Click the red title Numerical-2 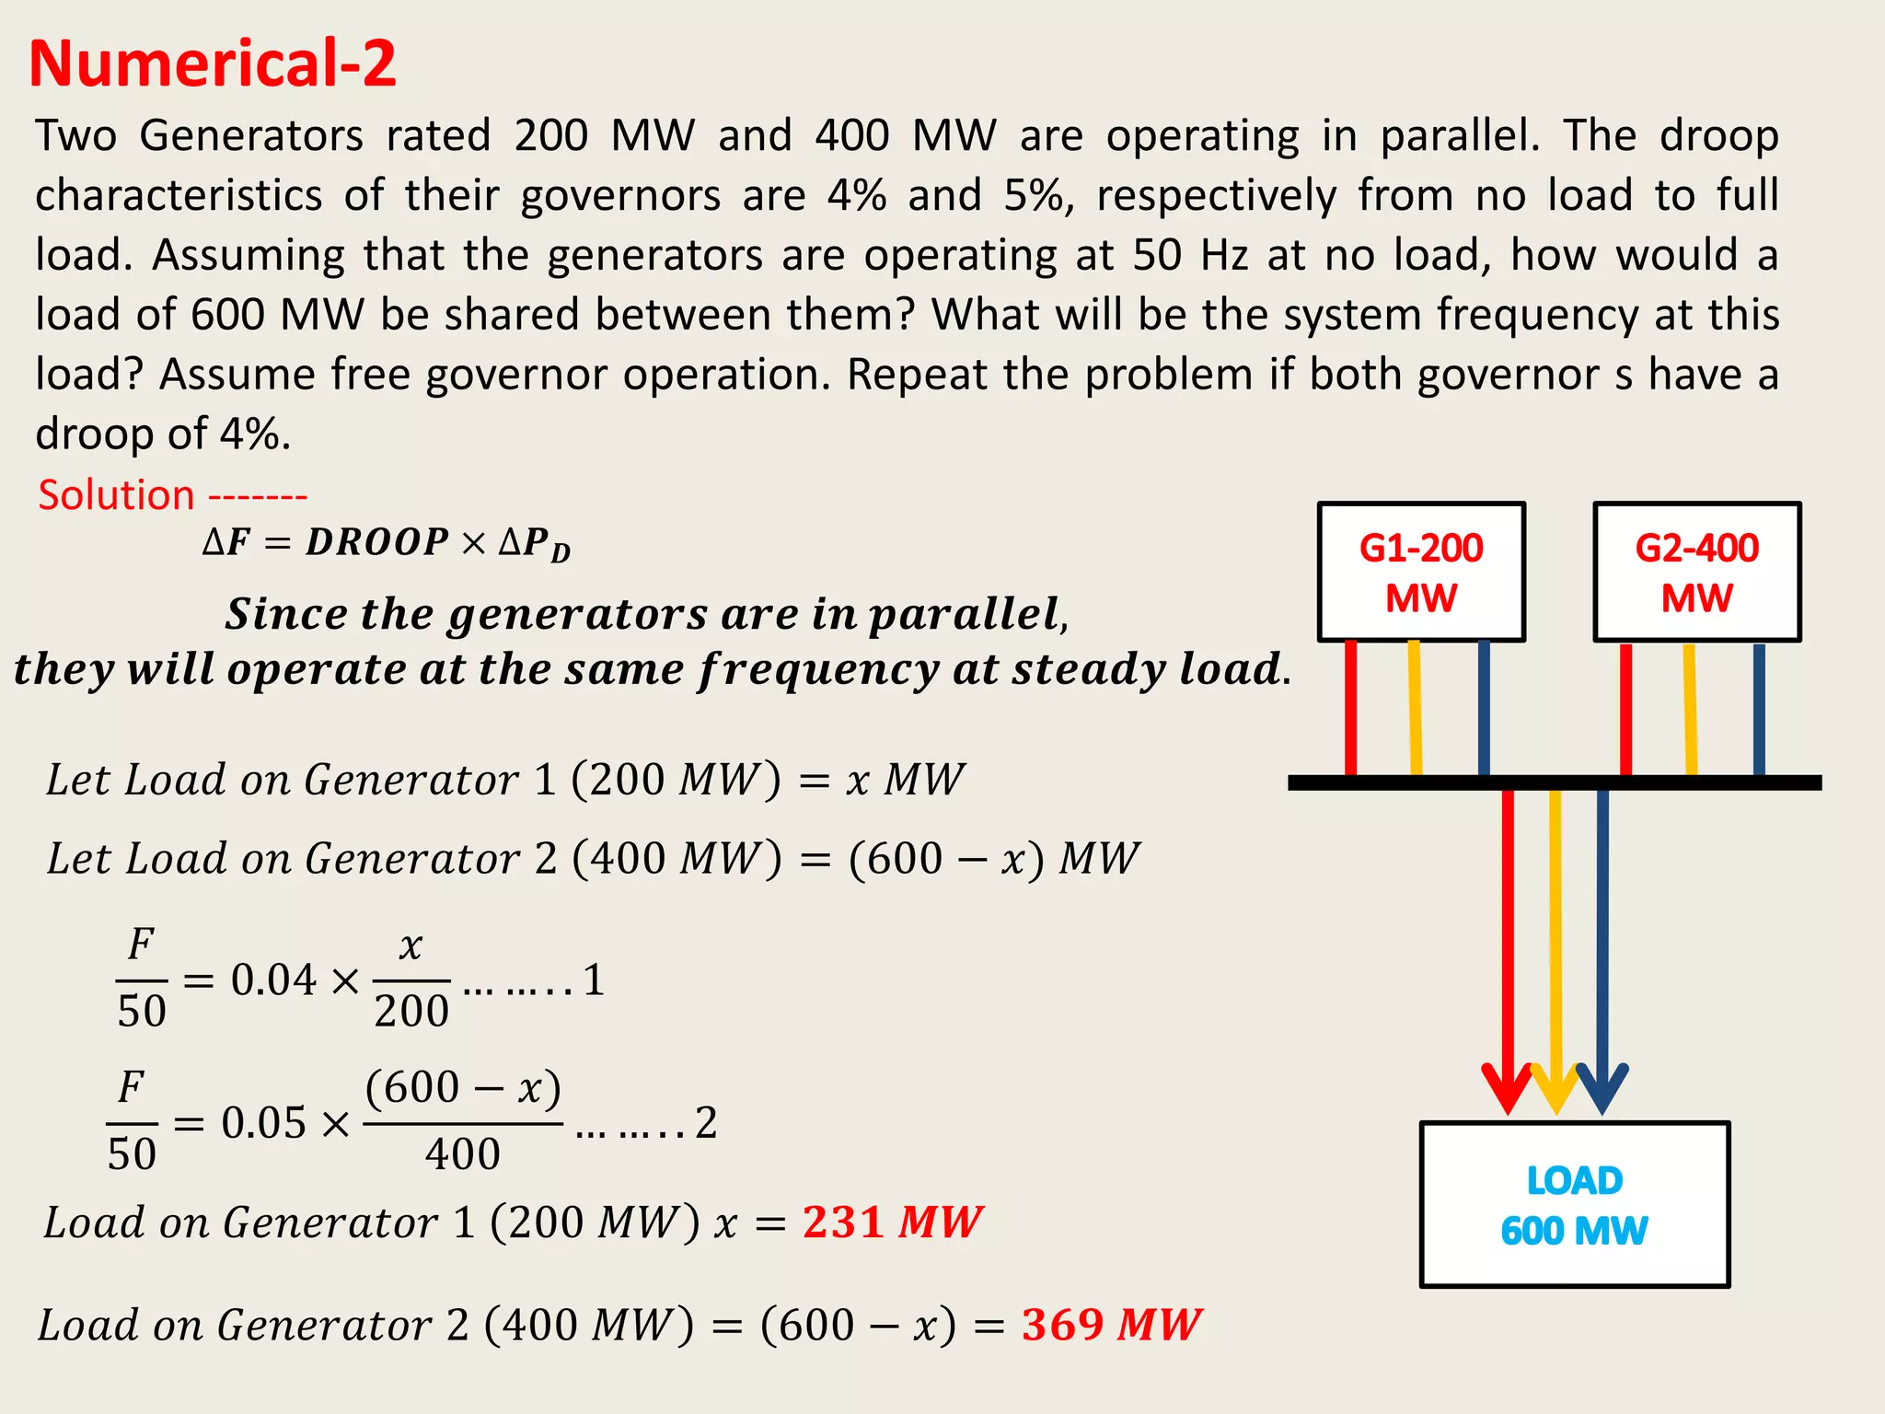click(x=213, y=64)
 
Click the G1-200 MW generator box click(x=1421, y=572)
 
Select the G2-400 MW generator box click(x=1696, y=572)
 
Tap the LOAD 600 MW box click(x=1574, y=1204)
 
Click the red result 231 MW click(x=892, y=1223)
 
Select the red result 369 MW click(x=1111, y=1325)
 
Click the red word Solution click(x=116, y=495)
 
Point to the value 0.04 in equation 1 click(x=273, y=979)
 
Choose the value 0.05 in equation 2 click(x=263, y=1123)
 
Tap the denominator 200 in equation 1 click(x=411, y=1011)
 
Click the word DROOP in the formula click(x=377, y=542)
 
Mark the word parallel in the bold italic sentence click(x=965, y=614)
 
